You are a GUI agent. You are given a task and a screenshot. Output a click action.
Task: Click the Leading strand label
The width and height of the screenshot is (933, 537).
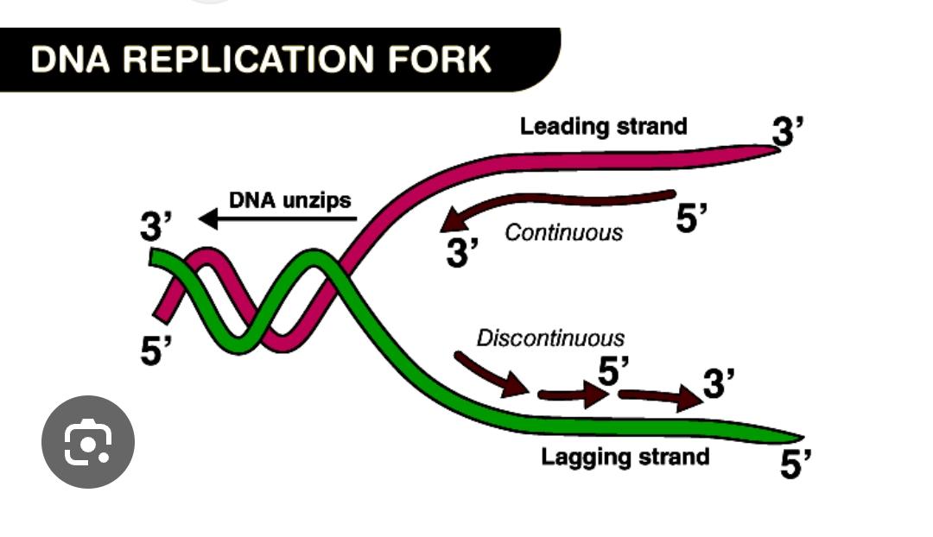(x=603, y=126)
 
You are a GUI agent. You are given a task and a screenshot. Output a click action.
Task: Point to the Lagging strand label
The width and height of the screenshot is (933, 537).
(x=625, y=456)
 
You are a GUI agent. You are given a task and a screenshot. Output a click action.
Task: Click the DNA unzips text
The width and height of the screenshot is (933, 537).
(x=289, y=200)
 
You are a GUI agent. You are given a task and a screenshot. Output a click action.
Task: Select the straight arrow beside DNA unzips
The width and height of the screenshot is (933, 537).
(x=278, y=219)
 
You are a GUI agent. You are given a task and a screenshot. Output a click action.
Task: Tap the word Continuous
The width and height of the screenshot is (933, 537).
(x=563, y=232)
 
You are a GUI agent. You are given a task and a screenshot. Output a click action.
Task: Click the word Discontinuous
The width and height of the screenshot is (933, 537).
(x=550, y=338)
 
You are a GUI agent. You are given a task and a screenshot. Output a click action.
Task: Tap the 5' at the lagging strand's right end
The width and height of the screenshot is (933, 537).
(x=796, y=466)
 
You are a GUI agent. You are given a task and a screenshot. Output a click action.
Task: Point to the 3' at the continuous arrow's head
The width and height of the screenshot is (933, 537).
(x=462, y=253)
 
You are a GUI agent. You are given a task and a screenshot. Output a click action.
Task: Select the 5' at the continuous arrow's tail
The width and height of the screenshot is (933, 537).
(x=691, y=218)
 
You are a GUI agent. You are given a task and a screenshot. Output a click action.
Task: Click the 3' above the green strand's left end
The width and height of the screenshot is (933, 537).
(x=156, y=227)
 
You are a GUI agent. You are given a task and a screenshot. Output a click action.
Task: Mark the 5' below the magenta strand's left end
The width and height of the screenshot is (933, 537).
(x=156, y=351)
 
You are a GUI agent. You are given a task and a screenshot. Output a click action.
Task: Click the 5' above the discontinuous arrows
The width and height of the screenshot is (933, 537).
(x=613, y=371)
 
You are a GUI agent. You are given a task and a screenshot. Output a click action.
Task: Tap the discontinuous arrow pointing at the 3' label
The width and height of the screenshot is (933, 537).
(x=661, y=397)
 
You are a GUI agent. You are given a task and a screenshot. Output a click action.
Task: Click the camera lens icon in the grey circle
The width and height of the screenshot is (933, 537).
(x=88, y=441)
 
